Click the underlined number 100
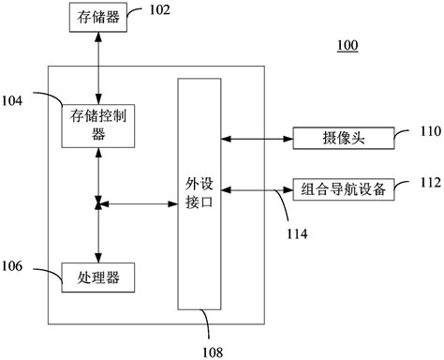tap(347, 46)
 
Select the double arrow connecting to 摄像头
tap(257, 138)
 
